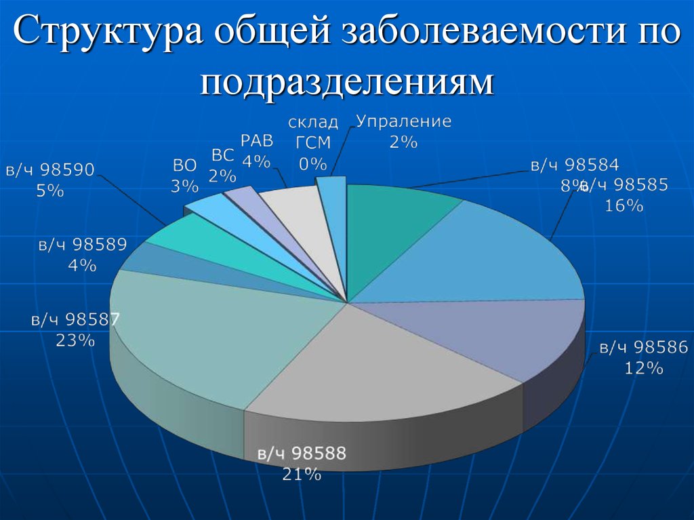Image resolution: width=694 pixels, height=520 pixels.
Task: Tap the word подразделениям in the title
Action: pos(346,82)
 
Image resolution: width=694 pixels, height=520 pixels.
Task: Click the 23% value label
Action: pos(75,341)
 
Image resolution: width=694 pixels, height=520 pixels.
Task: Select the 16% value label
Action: pos(624,206)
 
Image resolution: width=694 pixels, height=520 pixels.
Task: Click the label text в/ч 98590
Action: pos(50,170)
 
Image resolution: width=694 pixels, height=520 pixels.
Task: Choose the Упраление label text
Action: pos(404,122)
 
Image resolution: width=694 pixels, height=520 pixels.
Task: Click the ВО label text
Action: pos(184,165)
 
